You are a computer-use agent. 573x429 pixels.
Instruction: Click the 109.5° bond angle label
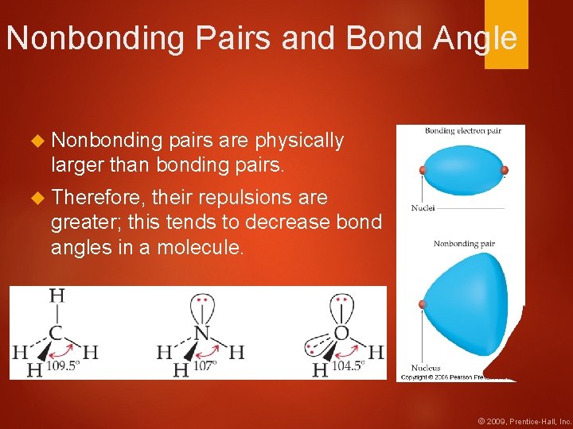pyautogui.click(x=64, y=367)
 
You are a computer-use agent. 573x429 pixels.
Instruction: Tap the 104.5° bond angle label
pyautogui.click(x=349, y=366)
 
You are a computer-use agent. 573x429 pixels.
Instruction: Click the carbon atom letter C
pyautogui.click(x=57, y=333)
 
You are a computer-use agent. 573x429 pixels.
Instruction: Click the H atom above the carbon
pyautogui.click(x=57, y=296)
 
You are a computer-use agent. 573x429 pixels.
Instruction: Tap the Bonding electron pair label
pyautogui.click(x=462, y=131)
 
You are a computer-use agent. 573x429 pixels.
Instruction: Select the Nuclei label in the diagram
pyautogui.click(x=423, y=208)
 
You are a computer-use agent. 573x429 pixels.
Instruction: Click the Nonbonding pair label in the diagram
pyautogui.click(x=464, y=243)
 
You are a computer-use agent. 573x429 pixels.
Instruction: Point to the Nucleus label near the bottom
pyautogui.click(x=426, y=368)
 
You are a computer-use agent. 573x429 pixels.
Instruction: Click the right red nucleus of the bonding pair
pyautogui.click(x=503, y=170)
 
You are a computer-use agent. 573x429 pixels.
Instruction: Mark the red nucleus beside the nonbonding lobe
pyautogui.click(x=423, y=303)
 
